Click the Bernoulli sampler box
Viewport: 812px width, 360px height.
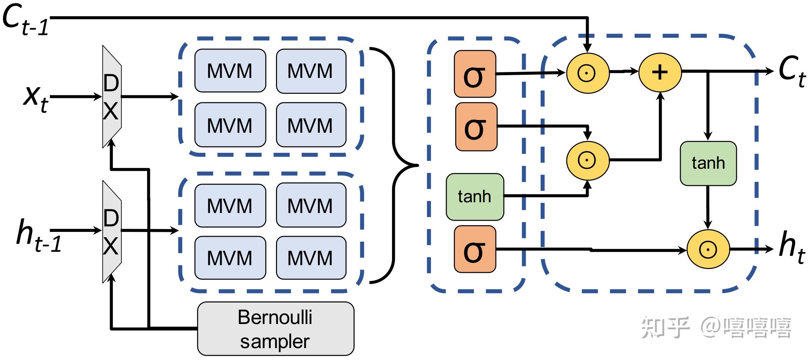(x=275, y=329)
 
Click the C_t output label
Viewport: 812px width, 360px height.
(x=792, y=71)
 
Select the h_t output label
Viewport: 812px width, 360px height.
(x=792, y=247)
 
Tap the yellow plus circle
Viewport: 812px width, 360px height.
(x=660, y=72)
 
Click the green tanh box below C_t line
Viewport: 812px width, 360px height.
(x=708, y=163)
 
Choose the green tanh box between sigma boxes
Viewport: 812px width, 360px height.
(x=475, y=197)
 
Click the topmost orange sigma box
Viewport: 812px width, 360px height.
(x=475, y=74)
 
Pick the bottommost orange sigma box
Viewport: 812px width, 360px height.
(x=475, y=249)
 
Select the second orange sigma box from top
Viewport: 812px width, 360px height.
(x=476, y=127)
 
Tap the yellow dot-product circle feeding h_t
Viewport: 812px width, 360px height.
(x=708, y=249)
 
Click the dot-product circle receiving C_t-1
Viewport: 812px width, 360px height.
(x=587, y=73)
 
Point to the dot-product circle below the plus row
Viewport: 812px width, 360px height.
(x=587, y=160)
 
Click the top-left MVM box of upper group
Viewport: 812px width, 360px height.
(x=230, y=71)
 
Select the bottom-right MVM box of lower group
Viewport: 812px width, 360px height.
(x=311, y=258)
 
